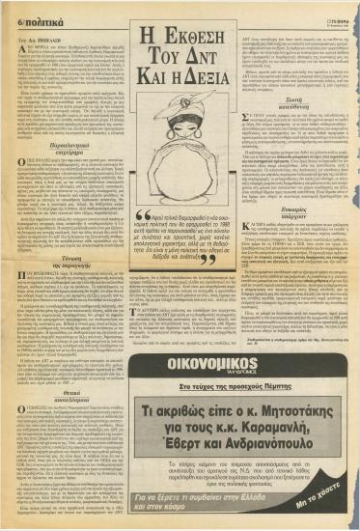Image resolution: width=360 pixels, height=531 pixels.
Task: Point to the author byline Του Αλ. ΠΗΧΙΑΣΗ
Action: point(39,34)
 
